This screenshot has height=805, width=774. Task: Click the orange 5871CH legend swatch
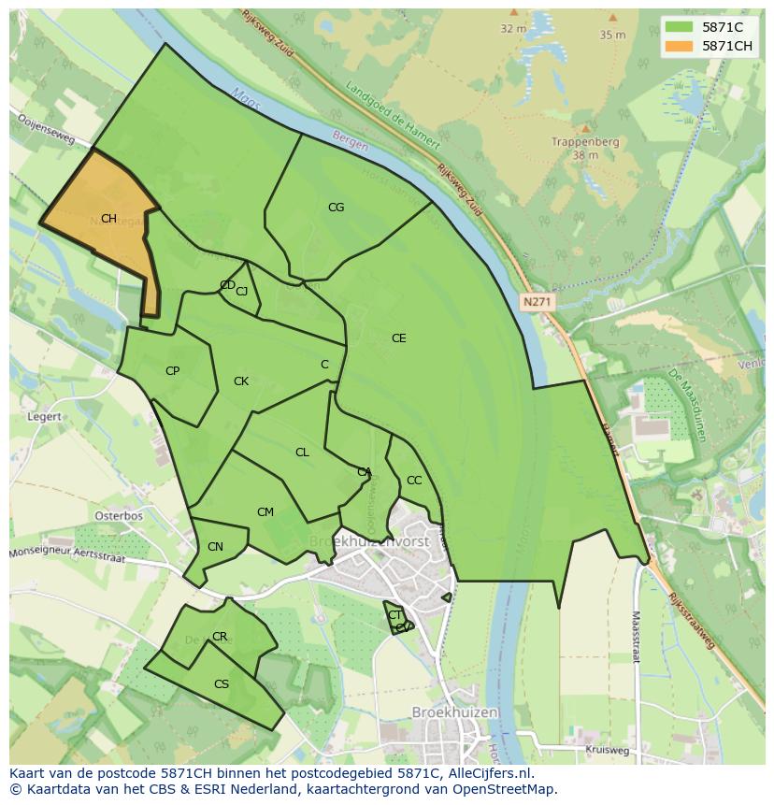(680, 47)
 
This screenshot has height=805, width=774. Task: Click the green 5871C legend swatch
(680, 27)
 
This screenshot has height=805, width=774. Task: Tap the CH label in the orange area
(108, 219)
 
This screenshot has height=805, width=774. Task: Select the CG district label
(336, 208)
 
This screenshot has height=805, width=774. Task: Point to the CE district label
(399, 338)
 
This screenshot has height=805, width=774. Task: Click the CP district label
(172, 371)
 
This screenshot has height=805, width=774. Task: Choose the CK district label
(241, 381)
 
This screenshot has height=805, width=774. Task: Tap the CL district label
(302, 453)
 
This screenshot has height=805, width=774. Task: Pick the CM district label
(265, 512)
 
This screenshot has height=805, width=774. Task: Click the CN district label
(215, 547)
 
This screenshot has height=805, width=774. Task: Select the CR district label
(220, 637)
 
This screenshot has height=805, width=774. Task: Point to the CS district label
(222, 684)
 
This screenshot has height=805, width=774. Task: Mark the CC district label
(414, 481)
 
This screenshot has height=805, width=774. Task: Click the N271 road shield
(537, 302)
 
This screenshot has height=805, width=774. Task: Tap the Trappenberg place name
(586, 142)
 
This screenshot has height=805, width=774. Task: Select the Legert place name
(45, 417)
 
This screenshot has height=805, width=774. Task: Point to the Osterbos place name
(119, 515)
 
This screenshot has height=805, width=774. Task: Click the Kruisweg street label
(607, 750)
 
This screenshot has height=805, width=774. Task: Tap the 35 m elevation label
(612, 35)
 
